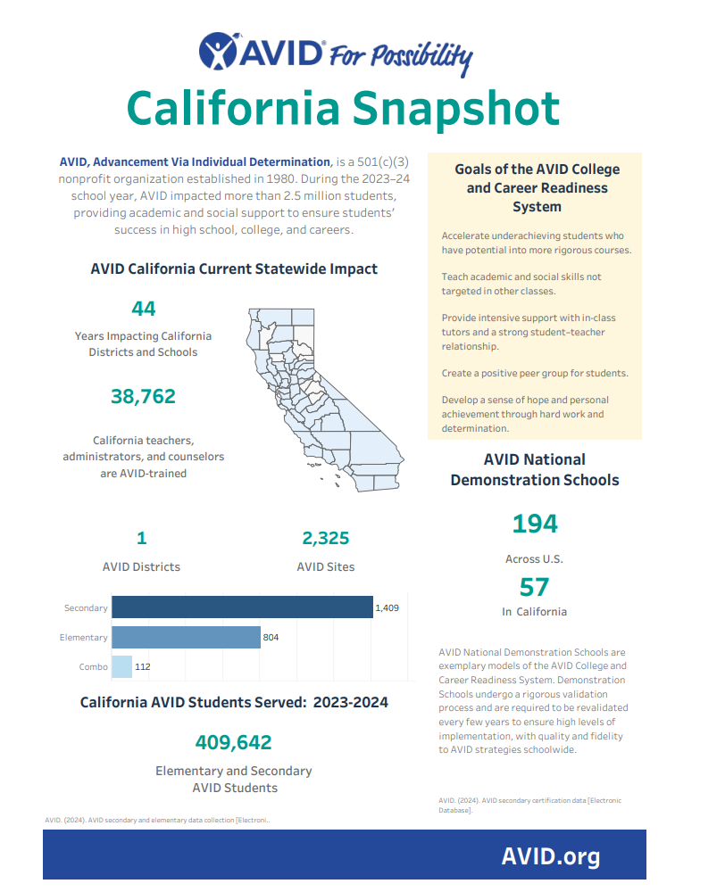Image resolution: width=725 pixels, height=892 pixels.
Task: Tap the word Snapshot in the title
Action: (x=455, y=109)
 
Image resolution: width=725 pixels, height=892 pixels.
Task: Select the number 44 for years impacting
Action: (x=144, y=309)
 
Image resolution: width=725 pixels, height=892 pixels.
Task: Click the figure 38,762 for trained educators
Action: (x=144, y=396)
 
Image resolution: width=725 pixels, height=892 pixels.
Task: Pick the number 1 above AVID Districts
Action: (x=141, y=538)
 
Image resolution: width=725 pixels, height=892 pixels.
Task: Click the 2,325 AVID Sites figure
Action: (x=326, y=538)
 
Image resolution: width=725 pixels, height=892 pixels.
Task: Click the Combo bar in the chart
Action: (x=121, y=666)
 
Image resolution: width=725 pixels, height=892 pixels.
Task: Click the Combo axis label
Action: (x=93, y=666)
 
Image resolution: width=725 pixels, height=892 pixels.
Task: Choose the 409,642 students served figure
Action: (x=234, y=742)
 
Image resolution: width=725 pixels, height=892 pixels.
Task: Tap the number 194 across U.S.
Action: (x=535, y=524)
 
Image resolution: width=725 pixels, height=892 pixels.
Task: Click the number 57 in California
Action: (x=535, y=587)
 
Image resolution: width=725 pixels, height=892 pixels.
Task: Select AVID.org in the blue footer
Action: (x=551, y=857)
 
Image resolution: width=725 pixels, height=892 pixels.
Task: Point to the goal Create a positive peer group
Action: (x=535, y=373)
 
